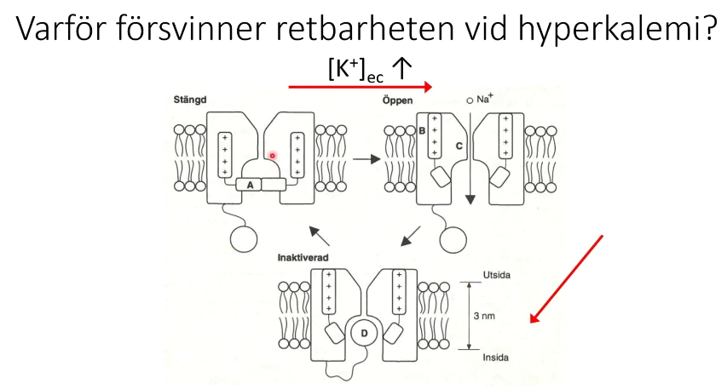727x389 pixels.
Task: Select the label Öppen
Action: (399, 100)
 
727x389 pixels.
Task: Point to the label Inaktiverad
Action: (303, 257)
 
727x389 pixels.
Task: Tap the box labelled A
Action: (250, 184)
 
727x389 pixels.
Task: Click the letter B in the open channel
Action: (421, 130)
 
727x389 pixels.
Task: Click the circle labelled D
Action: (363, 334)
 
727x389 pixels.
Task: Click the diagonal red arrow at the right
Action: (567, 278)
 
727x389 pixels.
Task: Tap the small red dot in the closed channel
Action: (273, 155)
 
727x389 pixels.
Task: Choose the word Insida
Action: (496, 357)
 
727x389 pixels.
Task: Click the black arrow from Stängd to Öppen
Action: (366, 158)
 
